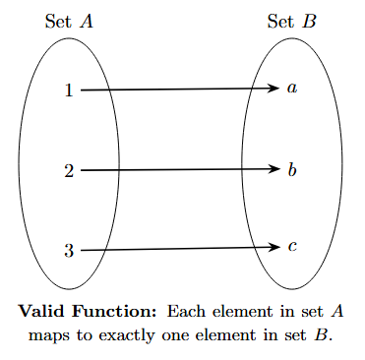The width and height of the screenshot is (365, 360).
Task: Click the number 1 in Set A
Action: coord(69,90)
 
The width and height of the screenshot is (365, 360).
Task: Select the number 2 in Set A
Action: coord(69,171)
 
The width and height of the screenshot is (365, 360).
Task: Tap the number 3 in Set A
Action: coord(69,251)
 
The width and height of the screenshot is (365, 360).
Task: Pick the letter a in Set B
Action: coord(291,89)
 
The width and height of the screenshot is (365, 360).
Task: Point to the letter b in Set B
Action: coord(291,169)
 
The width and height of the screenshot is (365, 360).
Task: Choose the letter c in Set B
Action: coord(291,246)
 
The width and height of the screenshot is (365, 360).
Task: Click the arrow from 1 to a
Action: coord(177,90)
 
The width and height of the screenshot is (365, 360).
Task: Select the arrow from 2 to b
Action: coord(177,170)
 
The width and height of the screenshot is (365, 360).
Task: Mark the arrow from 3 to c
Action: coord(177,249)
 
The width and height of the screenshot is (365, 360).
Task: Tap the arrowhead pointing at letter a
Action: coord(275,89)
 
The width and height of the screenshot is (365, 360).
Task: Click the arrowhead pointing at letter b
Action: coord(275,169)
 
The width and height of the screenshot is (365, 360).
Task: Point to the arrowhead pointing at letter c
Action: coord(275,247)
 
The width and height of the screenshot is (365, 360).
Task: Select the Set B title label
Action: coord(291,22)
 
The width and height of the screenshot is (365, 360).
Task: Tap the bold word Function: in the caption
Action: coord(113,312)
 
